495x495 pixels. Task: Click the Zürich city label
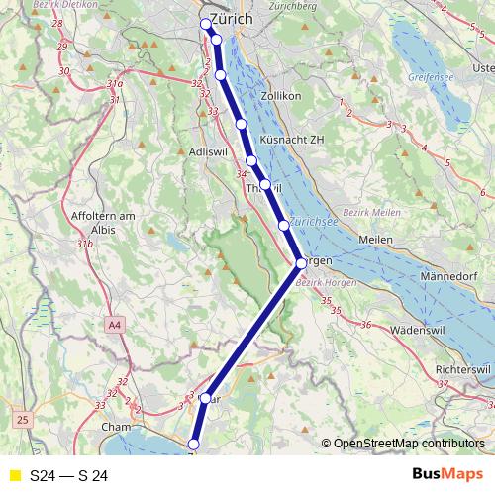click(234, 19)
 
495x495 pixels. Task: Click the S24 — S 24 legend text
click(68, 476)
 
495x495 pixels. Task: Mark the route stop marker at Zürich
click(206, 24)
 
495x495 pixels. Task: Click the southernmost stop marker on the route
click(193, 445)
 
